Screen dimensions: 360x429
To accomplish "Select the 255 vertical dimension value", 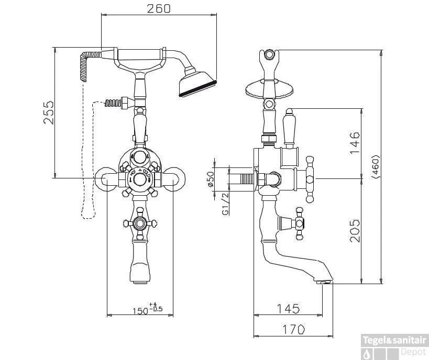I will click(48, 112).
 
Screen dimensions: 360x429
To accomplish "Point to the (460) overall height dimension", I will click(375, 167).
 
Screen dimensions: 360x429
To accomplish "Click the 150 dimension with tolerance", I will click(147, 309).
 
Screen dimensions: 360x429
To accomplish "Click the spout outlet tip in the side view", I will click(325, 282).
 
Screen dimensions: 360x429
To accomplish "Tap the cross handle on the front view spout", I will click(140, 223).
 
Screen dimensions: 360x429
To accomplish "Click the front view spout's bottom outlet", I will click(140, 282).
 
